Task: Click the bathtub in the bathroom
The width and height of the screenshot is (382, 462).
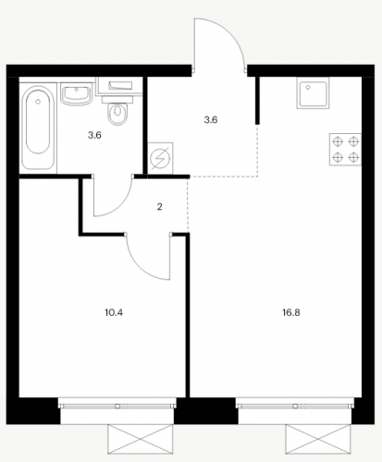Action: coord(38,128)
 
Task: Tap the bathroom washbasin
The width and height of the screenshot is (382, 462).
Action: coord(76,94)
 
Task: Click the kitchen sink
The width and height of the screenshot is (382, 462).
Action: coord(313,92)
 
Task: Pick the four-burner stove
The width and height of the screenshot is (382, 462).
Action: coord(345,150)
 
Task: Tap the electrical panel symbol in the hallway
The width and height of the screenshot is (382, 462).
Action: coord(160,158)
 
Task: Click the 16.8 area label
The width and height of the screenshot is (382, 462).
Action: coord(291,312)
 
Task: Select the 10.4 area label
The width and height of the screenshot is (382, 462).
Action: coord(114,312)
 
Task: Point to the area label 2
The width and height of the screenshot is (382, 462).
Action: coord(159,207)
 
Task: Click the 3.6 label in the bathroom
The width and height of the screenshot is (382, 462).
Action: coord(94,135)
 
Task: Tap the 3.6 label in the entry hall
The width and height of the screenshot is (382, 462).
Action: coord(211,119)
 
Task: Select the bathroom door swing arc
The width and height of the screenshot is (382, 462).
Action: coord(119,206)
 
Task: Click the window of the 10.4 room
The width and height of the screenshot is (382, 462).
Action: coord(117,404)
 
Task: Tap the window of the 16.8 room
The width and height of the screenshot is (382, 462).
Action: coord(295,404)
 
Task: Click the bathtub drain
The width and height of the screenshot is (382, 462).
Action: coord(38,102)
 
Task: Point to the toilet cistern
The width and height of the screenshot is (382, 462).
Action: coord(117,99)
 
